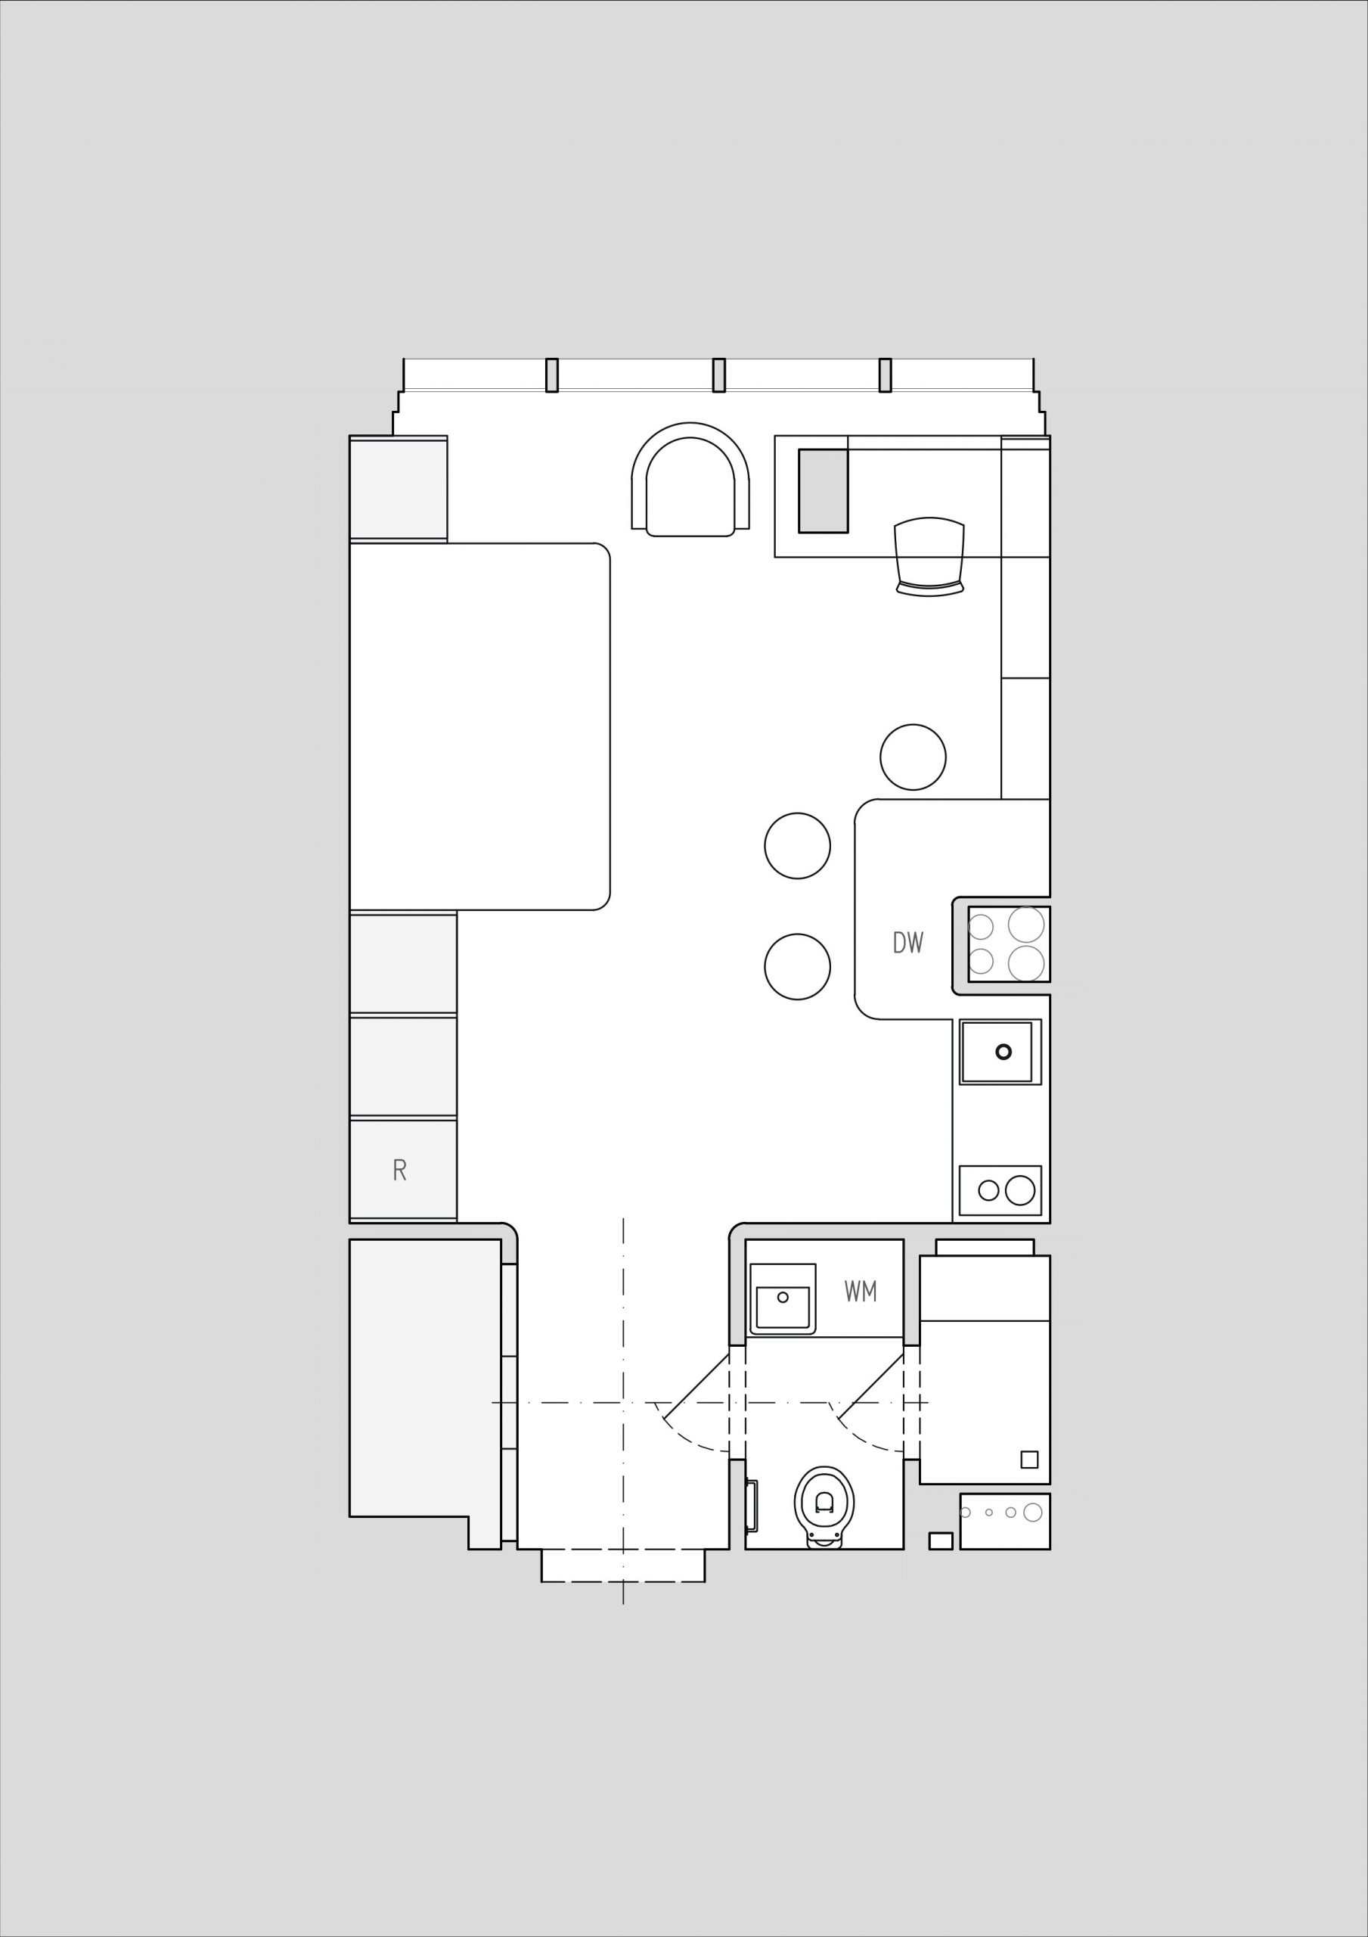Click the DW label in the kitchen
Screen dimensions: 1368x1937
click(x=908, y=942)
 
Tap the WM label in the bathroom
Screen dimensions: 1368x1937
click(x=861, y=1292)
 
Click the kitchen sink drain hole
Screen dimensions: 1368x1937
click(x=1003, y=1052)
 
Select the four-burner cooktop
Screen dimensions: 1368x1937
click(x=1009, y=944)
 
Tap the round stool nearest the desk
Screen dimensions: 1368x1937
click(x=913, y=757)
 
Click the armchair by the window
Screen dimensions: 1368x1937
click(x=690, y=479)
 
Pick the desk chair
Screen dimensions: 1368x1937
click(x=929, y=557)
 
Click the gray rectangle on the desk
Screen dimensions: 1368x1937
click(x=824, y=490)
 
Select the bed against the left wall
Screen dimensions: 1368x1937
click(x=479, y=726)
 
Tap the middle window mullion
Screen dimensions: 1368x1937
click(x=718, y=375)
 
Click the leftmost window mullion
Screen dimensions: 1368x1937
click(x=551, y=375)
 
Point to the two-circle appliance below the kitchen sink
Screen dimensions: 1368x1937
click(x=1000, y=1190)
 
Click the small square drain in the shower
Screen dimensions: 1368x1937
click(x=1029, y=1459)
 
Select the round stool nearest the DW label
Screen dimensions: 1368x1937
click(x=797, y=967)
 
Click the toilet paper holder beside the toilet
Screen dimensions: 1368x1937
click(x=751, y=1506)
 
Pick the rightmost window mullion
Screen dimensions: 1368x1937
click(x=885, y=375)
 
